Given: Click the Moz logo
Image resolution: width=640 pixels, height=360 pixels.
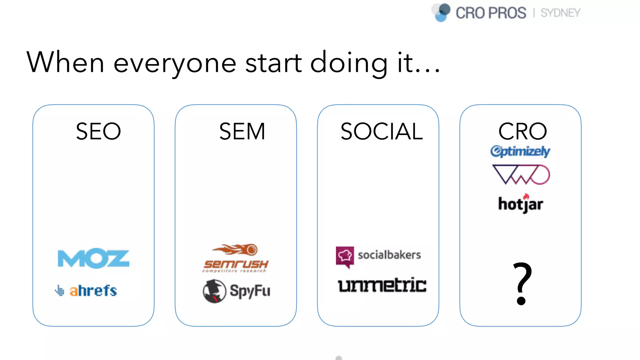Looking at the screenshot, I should point(93,258).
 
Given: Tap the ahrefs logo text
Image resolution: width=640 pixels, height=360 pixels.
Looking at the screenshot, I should point(93,291).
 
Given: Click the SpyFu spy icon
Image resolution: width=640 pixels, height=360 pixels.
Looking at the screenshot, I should point(214,291).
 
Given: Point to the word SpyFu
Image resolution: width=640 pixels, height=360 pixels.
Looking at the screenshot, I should point(250,291).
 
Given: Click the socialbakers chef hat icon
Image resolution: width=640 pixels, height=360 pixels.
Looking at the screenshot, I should point(345,256).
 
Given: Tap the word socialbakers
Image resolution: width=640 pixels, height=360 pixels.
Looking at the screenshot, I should point(389,255).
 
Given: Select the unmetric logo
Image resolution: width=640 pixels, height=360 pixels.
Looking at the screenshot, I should point(382,285).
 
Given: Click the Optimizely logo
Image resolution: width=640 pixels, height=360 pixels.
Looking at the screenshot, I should point(520,151).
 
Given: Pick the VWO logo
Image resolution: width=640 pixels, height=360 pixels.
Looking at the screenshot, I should point(521,175).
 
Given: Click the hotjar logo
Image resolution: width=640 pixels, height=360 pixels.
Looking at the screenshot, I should point(521,204).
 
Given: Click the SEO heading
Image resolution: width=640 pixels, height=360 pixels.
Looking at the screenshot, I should point(98,131).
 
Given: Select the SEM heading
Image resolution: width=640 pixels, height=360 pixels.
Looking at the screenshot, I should point(242,131).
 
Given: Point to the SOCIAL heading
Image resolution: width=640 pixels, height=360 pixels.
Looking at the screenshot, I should point(382,131).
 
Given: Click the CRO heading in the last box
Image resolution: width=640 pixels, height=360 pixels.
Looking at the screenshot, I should point(522,131).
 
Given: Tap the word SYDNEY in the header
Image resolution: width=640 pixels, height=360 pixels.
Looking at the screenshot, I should point(560,13).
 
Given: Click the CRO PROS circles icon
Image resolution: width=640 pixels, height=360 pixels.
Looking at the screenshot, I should point(441,12).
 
